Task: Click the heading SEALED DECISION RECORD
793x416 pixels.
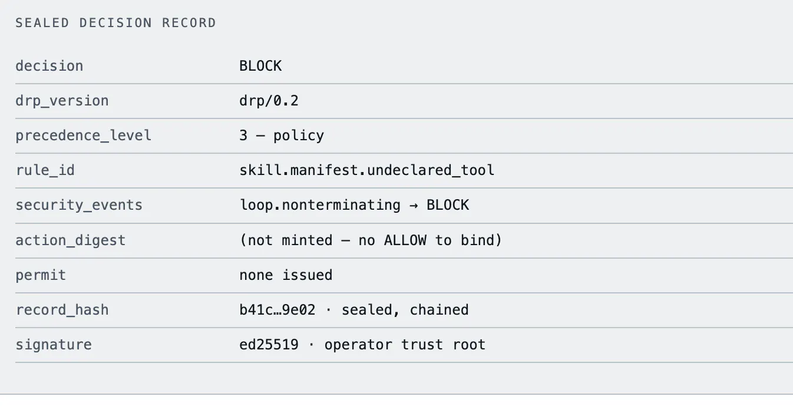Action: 115,23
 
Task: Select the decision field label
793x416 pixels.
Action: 49,66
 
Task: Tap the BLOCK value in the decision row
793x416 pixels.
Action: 260,66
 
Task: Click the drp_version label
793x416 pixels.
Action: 62,101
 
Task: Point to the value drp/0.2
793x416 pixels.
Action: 269,101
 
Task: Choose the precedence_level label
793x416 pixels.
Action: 84,136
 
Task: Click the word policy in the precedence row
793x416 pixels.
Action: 299,136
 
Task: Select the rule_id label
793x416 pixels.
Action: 45,170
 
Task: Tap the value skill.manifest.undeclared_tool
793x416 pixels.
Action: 367,170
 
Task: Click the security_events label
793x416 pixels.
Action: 79,205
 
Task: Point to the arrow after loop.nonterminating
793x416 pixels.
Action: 414,205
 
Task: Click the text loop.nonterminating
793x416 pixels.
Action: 320,205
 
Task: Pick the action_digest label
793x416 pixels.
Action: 71,240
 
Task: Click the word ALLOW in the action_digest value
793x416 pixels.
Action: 405,240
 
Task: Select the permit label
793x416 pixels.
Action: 41,275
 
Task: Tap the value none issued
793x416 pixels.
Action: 286,275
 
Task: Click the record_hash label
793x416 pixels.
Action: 62,310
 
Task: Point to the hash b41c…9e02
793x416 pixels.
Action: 277,310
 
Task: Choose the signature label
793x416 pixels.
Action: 54,345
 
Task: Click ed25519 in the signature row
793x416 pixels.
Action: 269,345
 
